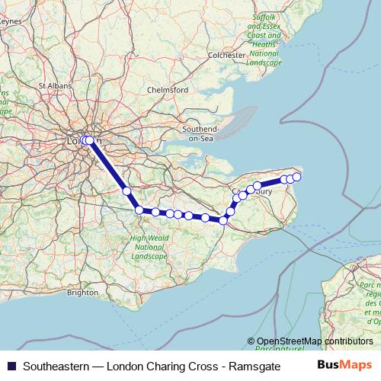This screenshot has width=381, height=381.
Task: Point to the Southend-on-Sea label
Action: (200, 133)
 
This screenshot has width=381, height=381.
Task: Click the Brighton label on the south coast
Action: (82, 292)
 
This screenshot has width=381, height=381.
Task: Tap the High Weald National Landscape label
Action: (149, 247)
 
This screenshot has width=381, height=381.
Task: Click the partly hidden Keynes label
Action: (11, 21)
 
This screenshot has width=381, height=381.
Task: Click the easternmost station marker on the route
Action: (297, 177)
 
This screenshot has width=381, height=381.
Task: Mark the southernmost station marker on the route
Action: (223, 220)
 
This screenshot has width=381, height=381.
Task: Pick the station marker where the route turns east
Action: (139, 210)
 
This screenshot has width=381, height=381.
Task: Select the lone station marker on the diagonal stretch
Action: (126, 191)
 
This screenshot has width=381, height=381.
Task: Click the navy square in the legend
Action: (10, 364)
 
